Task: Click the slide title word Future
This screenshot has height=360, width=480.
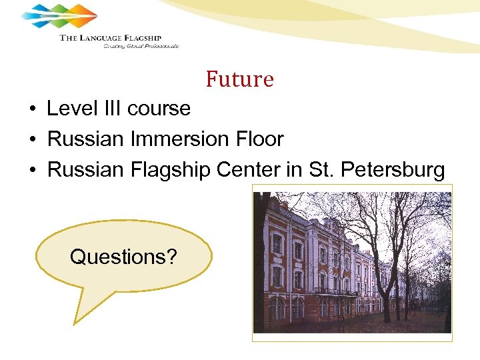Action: point(240,79)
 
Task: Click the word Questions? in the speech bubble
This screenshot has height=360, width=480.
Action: point(123,257)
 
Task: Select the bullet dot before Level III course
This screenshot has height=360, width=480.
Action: point(32,109)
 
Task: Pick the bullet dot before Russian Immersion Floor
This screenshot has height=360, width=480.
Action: point(32,139)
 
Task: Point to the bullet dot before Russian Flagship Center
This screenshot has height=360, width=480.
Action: point(32,170)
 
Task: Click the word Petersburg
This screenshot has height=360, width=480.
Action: point(393,170)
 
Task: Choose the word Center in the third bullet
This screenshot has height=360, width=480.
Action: point(249,170)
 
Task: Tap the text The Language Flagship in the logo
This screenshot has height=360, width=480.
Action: point(111,37)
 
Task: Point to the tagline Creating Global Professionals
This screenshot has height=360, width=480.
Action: point(141,46)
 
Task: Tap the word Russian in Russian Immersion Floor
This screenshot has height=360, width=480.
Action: point(85,139)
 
